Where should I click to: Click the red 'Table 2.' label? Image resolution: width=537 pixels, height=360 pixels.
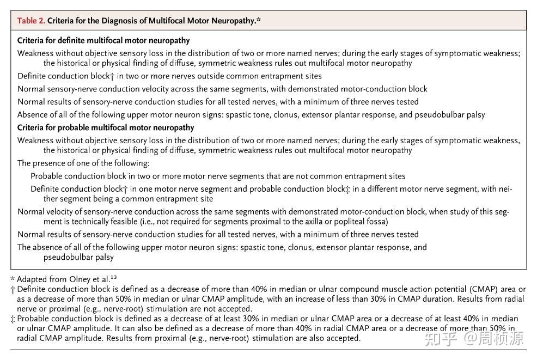pos(31,21)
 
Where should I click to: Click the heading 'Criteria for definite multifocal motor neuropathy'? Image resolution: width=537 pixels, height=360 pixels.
pos(103,41)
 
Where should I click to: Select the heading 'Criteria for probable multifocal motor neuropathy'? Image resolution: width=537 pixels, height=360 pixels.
pos(106,127)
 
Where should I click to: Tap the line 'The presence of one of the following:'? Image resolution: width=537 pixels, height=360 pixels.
pos(83,163)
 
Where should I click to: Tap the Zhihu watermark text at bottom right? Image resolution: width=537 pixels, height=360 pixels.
pos(485,339)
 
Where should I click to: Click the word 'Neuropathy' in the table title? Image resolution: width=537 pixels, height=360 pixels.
pos(235,21)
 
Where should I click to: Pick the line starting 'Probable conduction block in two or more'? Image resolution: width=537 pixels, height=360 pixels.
pos(218,176)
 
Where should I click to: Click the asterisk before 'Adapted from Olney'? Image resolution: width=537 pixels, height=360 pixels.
pos(12,278)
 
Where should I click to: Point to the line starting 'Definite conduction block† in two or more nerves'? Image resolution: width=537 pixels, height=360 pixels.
pos(169,76)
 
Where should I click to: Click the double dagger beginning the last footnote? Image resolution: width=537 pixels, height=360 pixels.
pos(13,319)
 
